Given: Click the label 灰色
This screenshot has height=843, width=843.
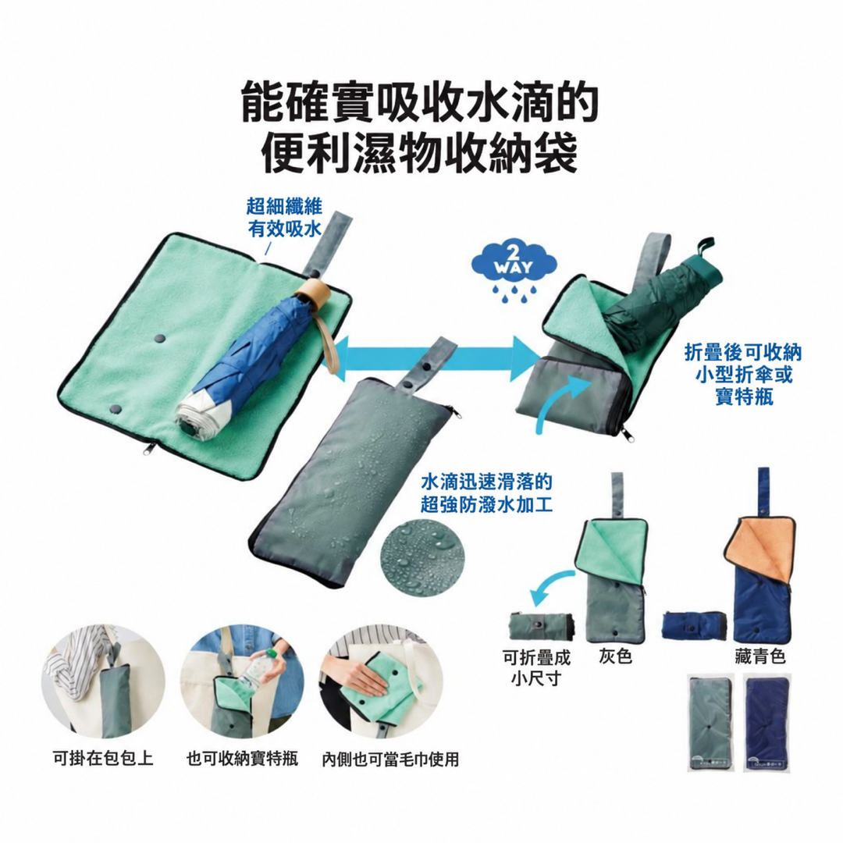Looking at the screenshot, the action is point(616,656).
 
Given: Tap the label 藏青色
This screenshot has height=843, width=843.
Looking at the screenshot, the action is point(759,656).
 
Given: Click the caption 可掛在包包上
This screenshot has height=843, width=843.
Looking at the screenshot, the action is point(103,759).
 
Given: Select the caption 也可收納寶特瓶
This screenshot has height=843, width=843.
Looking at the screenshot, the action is point(243,759).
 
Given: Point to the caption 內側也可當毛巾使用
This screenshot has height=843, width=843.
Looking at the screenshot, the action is point(391,759).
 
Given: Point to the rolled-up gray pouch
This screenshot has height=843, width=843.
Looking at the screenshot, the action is point(542,626).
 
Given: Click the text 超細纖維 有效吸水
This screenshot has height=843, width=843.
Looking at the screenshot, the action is point(284,217).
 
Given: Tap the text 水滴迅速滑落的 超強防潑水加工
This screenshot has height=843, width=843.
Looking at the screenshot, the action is point(486,493).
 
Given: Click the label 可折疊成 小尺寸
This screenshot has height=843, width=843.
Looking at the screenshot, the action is point(536,667).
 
